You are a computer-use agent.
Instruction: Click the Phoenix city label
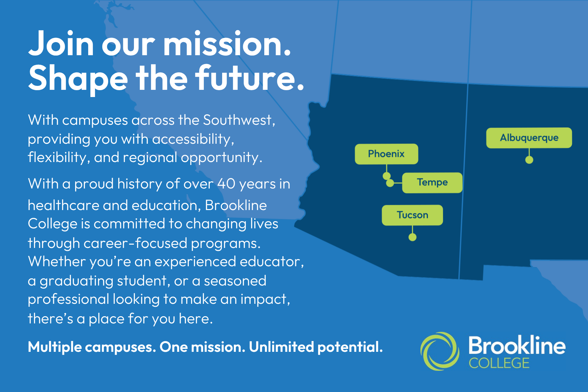[386, 154]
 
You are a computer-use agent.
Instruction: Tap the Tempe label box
[432, 183]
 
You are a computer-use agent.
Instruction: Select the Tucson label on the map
[412, 215]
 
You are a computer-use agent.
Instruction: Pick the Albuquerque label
[529, 138]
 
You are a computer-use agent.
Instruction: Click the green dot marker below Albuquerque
[529, 160]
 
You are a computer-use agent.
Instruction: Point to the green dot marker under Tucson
[413, 237]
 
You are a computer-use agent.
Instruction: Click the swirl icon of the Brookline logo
[440, 351]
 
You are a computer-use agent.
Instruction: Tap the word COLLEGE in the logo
[499, 363]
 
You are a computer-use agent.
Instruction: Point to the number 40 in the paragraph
[226, 184]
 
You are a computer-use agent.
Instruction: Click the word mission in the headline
[227, 44]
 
